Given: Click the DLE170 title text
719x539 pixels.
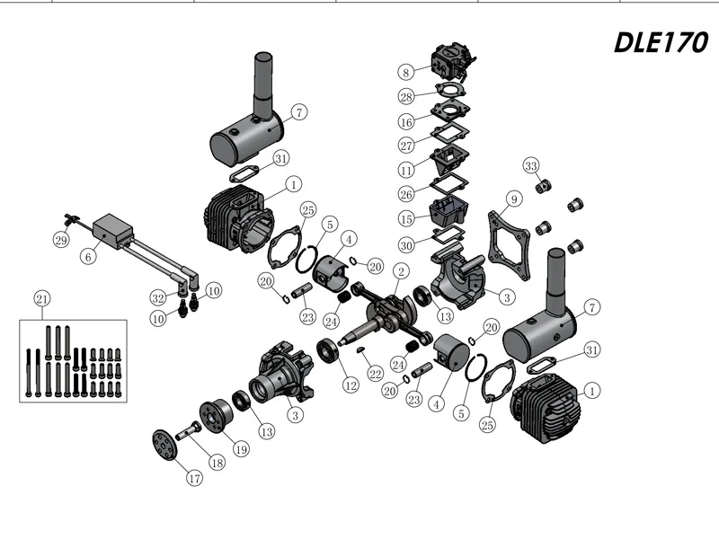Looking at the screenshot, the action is [x=661, y=42].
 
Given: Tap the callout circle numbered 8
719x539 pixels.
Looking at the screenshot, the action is [x=406, y=72].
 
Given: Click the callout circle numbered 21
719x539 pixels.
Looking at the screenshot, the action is [x=42, y=299].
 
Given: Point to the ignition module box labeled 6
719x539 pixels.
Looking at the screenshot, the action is [x=113, y=231].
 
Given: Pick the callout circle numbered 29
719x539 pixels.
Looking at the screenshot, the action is [x=61, y=240].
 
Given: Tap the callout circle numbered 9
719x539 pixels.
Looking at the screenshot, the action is [x=514, y=199].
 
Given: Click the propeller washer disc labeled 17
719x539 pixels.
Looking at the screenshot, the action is [x=164, y=444].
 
